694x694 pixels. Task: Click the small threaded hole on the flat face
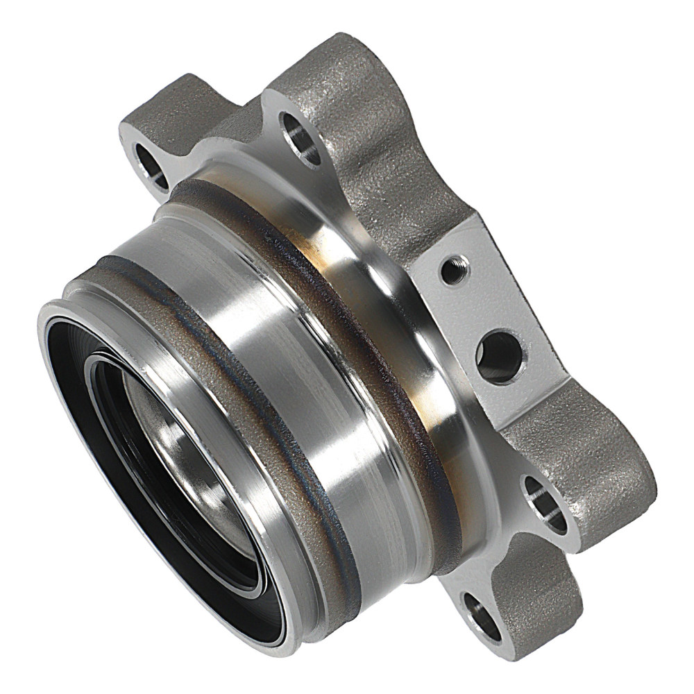tap(455, 269)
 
